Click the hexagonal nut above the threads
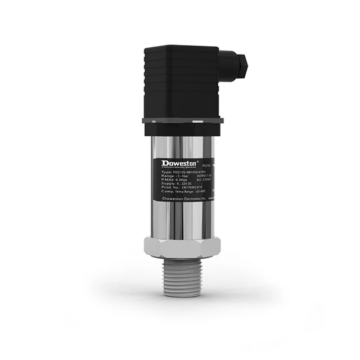pyautogui.click(x=182, y=246)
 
